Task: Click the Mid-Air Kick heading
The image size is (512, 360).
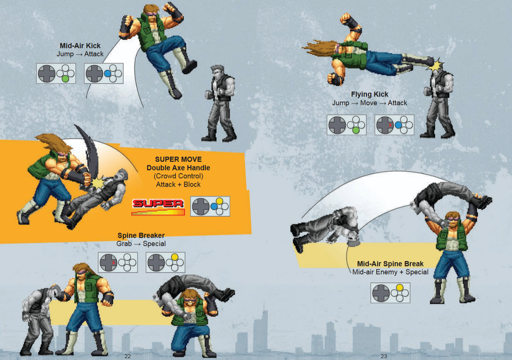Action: click(x=80, y=46)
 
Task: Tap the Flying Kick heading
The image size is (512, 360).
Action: click(x=370, y=94)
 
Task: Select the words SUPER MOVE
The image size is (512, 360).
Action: click(x=178, y=159)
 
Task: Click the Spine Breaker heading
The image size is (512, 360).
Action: click(x=141, y=235)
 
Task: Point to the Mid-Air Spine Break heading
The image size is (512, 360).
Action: click(x=390, y=264)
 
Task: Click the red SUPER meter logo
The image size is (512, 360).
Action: click(x=158, y=207)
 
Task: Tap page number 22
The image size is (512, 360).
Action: click(x=128, y=356)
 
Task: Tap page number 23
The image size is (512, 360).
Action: click(x=384, y=356)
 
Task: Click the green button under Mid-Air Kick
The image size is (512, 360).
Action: click(x=65, y=79)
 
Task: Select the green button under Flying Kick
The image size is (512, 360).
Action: click(x=356, y=131)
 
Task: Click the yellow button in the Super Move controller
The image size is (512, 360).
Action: click(x=220, y=201)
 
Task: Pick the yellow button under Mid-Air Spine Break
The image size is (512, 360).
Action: click(x=399, y=287)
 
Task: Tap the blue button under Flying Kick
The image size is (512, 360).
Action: click(x=398, y=125)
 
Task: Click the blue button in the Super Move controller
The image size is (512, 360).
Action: click(x=214, y=206)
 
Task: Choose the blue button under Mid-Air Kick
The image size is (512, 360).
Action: click(x=107, y=73)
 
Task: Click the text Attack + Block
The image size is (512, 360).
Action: click(x=178, y=184)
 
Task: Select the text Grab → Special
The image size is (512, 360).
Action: click(x=141, y=244)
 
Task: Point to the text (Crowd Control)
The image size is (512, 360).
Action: click(x=178, y=176)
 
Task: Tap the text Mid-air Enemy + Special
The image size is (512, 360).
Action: click(x=390, y=272)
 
